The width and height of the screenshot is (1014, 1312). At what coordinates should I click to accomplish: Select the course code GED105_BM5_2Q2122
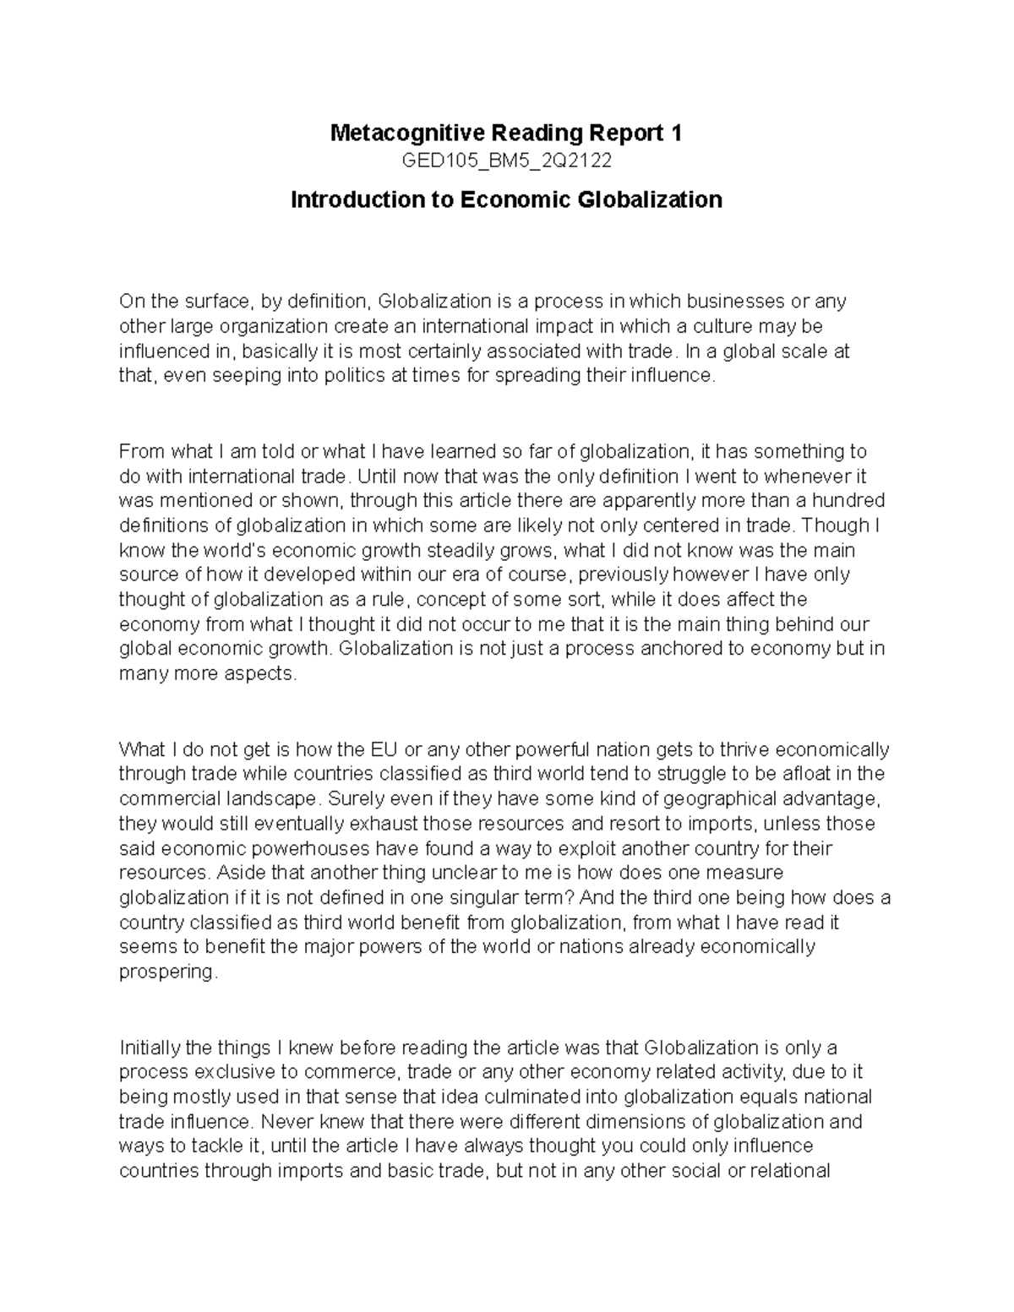tap(506, 161)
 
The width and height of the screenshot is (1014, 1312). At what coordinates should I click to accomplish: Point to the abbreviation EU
tap(384, 749)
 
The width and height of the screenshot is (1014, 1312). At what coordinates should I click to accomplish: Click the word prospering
tap(167, 972)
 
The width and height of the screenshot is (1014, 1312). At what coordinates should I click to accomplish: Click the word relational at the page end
tap(788, 1171)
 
